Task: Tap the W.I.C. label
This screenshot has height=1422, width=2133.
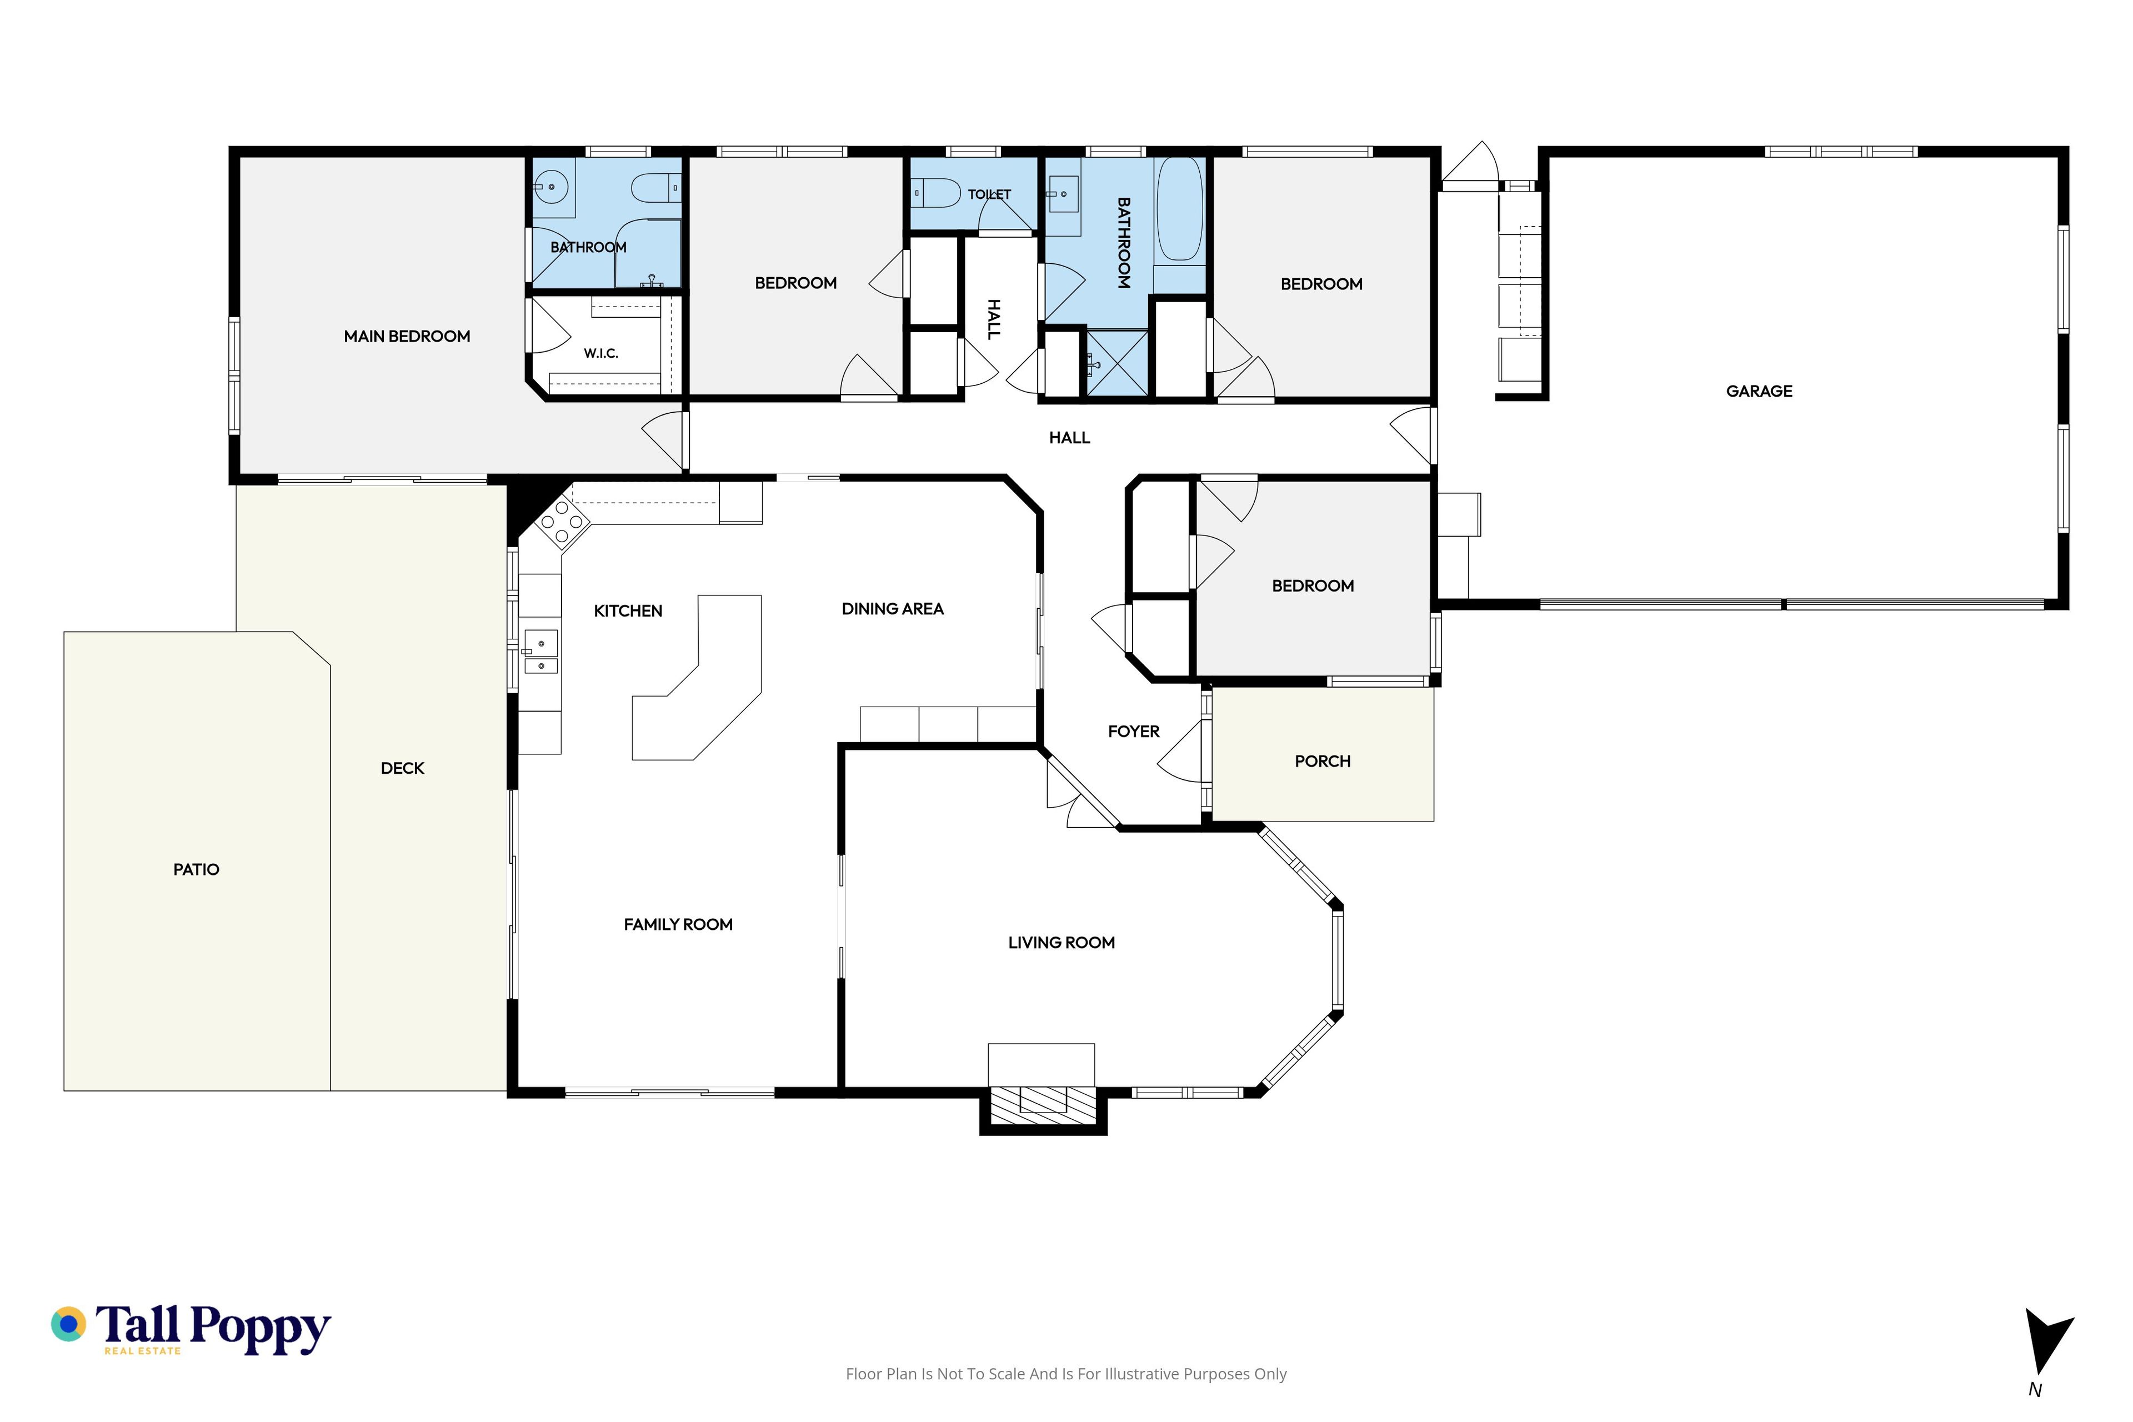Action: [601, 354]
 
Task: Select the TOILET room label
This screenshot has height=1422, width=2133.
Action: [989, 194]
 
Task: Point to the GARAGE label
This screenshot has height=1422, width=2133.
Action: [1759, 392]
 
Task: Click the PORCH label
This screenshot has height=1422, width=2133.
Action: [1322, 762]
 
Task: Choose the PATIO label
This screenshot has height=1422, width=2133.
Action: [196, 870]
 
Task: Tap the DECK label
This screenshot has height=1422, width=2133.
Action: [403, 769]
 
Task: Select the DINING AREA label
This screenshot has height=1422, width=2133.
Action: [893, 609]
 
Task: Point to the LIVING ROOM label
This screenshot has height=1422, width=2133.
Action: [1061, 943]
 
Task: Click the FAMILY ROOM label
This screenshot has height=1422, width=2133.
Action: [678, 925]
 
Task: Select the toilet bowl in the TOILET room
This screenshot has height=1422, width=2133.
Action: [937, 193]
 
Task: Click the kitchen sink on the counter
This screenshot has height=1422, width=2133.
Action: [542, 653]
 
